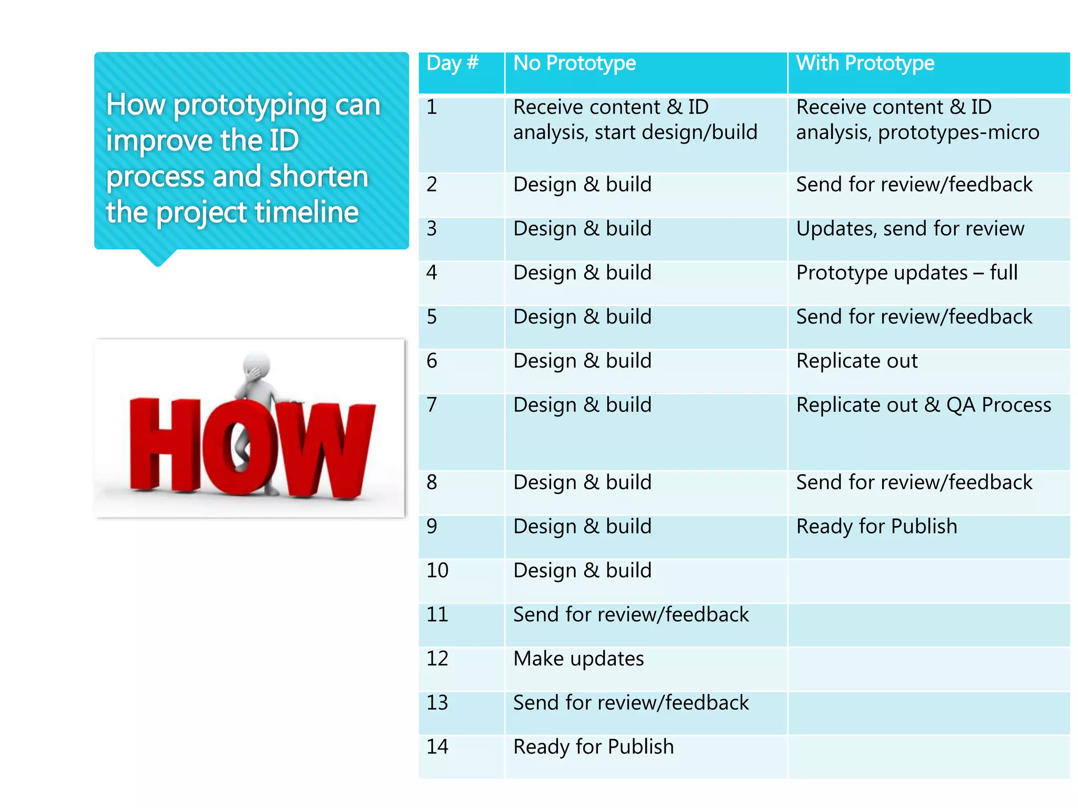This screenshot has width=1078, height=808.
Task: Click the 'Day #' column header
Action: point(452,64)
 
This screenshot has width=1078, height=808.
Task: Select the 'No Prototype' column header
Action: point(574,64)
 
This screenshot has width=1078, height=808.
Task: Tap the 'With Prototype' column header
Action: point(865,64)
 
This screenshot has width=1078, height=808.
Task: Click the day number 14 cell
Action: point(437,747)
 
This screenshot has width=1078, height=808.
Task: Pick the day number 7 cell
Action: point(432,405)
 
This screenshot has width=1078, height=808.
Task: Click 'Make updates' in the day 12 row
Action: point(578,659)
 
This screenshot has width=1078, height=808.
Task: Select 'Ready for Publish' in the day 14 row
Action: point(593,747)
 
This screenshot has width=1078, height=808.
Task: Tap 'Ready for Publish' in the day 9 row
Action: point(876,527)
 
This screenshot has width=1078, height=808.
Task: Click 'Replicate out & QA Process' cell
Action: point(923,405)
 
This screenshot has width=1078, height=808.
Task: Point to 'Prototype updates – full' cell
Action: point(906,273)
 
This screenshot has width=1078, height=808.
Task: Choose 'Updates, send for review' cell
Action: point(910,229)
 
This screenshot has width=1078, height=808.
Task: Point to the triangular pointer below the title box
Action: point(157,257)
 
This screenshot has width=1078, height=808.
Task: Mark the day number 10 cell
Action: point(437,571)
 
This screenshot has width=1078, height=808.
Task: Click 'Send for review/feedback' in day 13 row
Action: point(631,703)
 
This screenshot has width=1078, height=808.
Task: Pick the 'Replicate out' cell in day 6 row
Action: point(856,361)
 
